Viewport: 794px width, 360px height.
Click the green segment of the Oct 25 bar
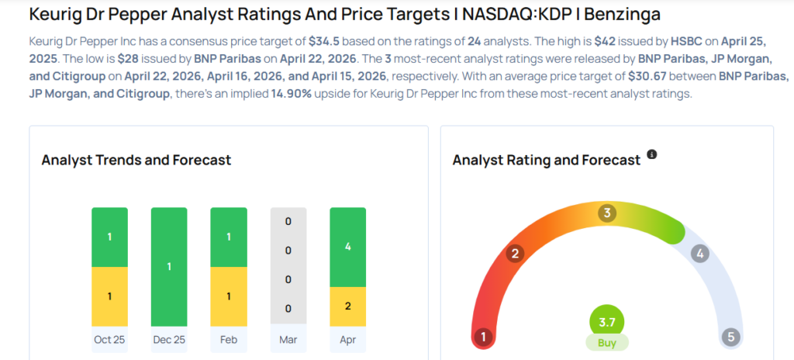(x=109, y=237)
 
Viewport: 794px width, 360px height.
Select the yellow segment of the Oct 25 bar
(x=109, y=296)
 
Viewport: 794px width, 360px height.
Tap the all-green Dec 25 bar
(x=169, y=266)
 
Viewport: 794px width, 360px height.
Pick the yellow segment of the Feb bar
(x=229, y=296)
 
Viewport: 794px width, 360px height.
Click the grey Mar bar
(x=288, y=266)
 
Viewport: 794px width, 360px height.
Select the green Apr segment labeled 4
(x=347, y=247)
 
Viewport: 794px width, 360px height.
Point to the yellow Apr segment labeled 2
(x=347, y=306)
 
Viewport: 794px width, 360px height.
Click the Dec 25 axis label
(x=169, y=339)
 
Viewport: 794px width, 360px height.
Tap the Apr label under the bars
(x=347, y=339)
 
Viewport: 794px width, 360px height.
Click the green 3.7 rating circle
(x=607, y=321)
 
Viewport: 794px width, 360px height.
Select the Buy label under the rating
(x=607, y=342)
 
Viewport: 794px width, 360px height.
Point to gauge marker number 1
(x=484, y=337)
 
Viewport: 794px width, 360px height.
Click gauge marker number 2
(x=514, y=253)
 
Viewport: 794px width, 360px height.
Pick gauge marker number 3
(x=607, y=213)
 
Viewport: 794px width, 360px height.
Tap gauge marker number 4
(x=700, y=253)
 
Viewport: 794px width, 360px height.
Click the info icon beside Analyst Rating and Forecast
(x=652, y=155)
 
